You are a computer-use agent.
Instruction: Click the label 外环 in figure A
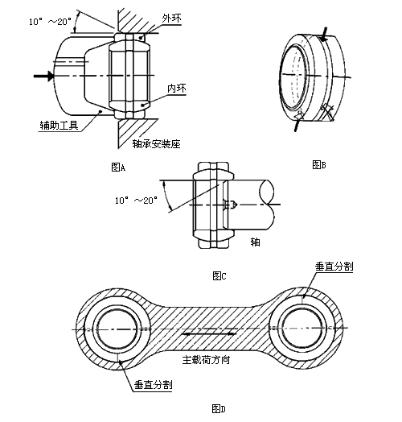click(x=171, y=19)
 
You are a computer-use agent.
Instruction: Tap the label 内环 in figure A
click(x=177, y=89)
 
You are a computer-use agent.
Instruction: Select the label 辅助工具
click(x=59, y=125)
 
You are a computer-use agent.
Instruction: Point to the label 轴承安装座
click(x=156, y=144)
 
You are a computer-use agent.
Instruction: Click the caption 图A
click(x=118, y=168)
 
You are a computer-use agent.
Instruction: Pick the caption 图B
click(x=319, y=164)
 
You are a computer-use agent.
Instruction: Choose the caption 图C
click(x=219, y=275)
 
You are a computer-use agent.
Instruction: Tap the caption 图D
click(x=219, y=408)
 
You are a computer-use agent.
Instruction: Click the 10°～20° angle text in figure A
click(x=50, y=22)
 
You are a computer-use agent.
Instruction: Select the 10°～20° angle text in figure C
click(x=136, y=201)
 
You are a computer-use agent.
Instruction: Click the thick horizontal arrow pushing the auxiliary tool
click(x=43, y=76)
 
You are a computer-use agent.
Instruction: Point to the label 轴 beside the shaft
click(x=255, y=242)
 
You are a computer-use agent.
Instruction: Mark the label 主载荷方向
click(x=206, y=360)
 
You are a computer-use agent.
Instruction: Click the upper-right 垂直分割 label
click(x=334, y=267)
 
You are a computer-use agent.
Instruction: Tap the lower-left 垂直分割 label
click(x=154, y=385)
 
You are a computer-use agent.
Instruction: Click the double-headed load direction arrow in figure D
click(x=209, y=333)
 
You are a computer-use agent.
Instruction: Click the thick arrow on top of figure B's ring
click(x=325, y=34)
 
